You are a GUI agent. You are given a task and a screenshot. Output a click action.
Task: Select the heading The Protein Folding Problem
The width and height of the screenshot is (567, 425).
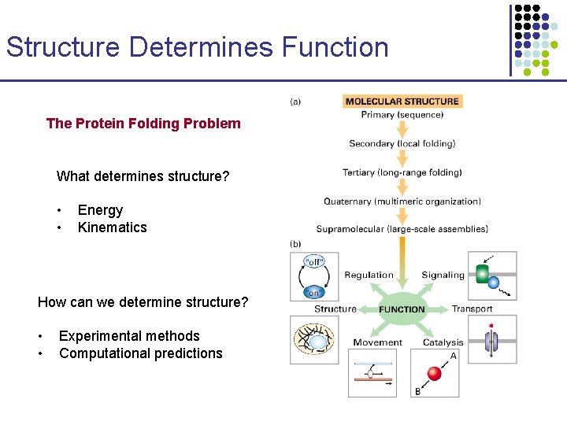pyautogui.click(x=143, y=123)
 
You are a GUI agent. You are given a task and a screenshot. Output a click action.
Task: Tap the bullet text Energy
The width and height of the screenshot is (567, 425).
pyautogui.click(x=100, y=210)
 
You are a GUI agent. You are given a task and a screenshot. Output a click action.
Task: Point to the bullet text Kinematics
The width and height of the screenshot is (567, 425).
pyautogui.click(x=112, y=227)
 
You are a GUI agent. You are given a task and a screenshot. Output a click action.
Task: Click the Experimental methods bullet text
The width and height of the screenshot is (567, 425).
pyautogui.click(x=129, y=336)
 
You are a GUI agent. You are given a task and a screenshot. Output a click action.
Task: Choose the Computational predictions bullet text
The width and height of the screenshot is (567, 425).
pyautogui.click(x=140, y=353)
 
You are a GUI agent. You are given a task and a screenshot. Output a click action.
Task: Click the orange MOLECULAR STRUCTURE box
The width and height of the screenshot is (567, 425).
pyautogui.click(x=402, y=101)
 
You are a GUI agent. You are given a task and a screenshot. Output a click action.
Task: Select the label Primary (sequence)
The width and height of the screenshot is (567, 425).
pyautogui.click(x=402, y=115)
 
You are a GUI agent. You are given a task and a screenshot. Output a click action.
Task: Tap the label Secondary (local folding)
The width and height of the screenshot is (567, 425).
pyautogui.click(x=402, y=143)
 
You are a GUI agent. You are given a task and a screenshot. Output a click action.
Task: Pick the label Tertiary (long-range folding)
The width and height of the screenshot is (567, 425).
pyautogui.click(x=402, y=172)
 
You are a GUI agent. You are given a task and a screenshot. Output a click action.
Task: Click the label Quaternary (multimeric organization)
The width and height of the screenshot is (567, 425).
pyautogui.click(x=402, y=201)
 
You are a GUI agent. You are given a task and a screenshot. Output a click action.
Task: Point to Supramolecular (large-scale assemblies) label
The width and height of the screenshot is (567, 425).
pyautogui.click(x=402, y=230)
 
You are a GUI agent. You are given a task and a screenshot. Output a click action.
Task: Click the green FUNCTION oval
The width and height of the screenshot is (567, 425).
pyautogui.click(x=402, y=309)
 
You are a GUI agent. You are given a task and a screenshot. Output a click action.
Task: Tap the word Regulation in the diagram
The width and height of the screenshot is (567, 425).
pyautogui.click(x=369, y=275)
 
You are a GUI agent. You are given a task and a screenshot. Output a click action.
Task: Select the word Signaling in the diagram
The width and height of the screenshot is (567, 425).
pyautogui.click(x=443, y=275)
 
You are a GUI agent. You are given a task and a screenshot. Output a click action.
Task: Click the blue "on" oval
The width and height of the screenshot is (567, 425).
pyautogui.click(x=313, y=291)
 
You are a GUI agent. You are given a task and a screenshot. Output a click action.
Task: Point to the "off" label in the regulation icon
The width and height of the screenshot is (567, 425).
pyautogui.click(x=313, y=261)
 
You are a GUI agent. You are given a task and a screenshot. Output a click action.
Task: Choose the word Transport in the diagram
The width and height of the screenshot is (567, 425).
pyautogui.click(x=472, y=309)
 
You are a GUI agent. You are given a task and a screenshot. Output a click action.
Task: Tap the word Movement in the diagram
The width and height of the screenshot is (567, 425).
pyautogui.click(x=377, y=342)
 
